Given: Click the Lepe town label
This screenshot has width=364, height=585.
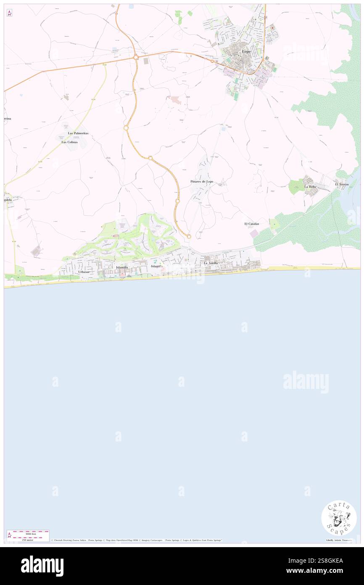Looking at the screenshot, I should [247, 51].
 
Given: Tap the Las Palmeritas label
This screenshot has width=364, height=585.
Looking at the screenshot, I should [78, 133].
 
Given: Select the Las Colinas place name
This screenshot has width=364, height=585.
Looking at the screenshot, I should [69, 142].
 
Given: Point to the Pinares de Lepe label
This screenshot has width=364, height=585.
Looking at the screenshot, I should [202, 181].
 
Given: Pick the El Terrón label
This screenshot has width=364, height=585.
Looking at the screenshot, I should [342, 184].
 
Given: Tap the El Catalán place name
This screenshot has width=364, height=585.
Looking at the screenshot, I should [252, 224].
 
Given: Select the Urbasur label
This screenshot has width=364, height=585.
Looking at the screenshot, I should [84, 272].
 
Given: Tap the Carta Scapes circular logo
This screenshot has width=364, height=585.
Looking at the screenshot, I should [339, 518].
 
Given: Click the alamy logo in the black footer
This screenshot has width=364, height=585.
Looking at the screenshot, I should [42, 566].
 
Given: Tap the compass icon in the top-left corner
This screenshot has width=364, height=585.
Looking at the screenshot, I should [9, 13].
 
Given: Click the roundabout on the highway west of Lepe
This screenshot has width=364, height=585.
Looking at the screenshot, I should [136, 58].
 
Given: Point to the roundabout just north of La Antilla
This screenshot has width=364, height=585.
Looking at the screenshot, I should [189, 237].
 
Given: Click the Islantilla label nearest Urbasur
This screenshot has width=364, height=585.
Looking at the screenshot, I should [122, 267].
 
